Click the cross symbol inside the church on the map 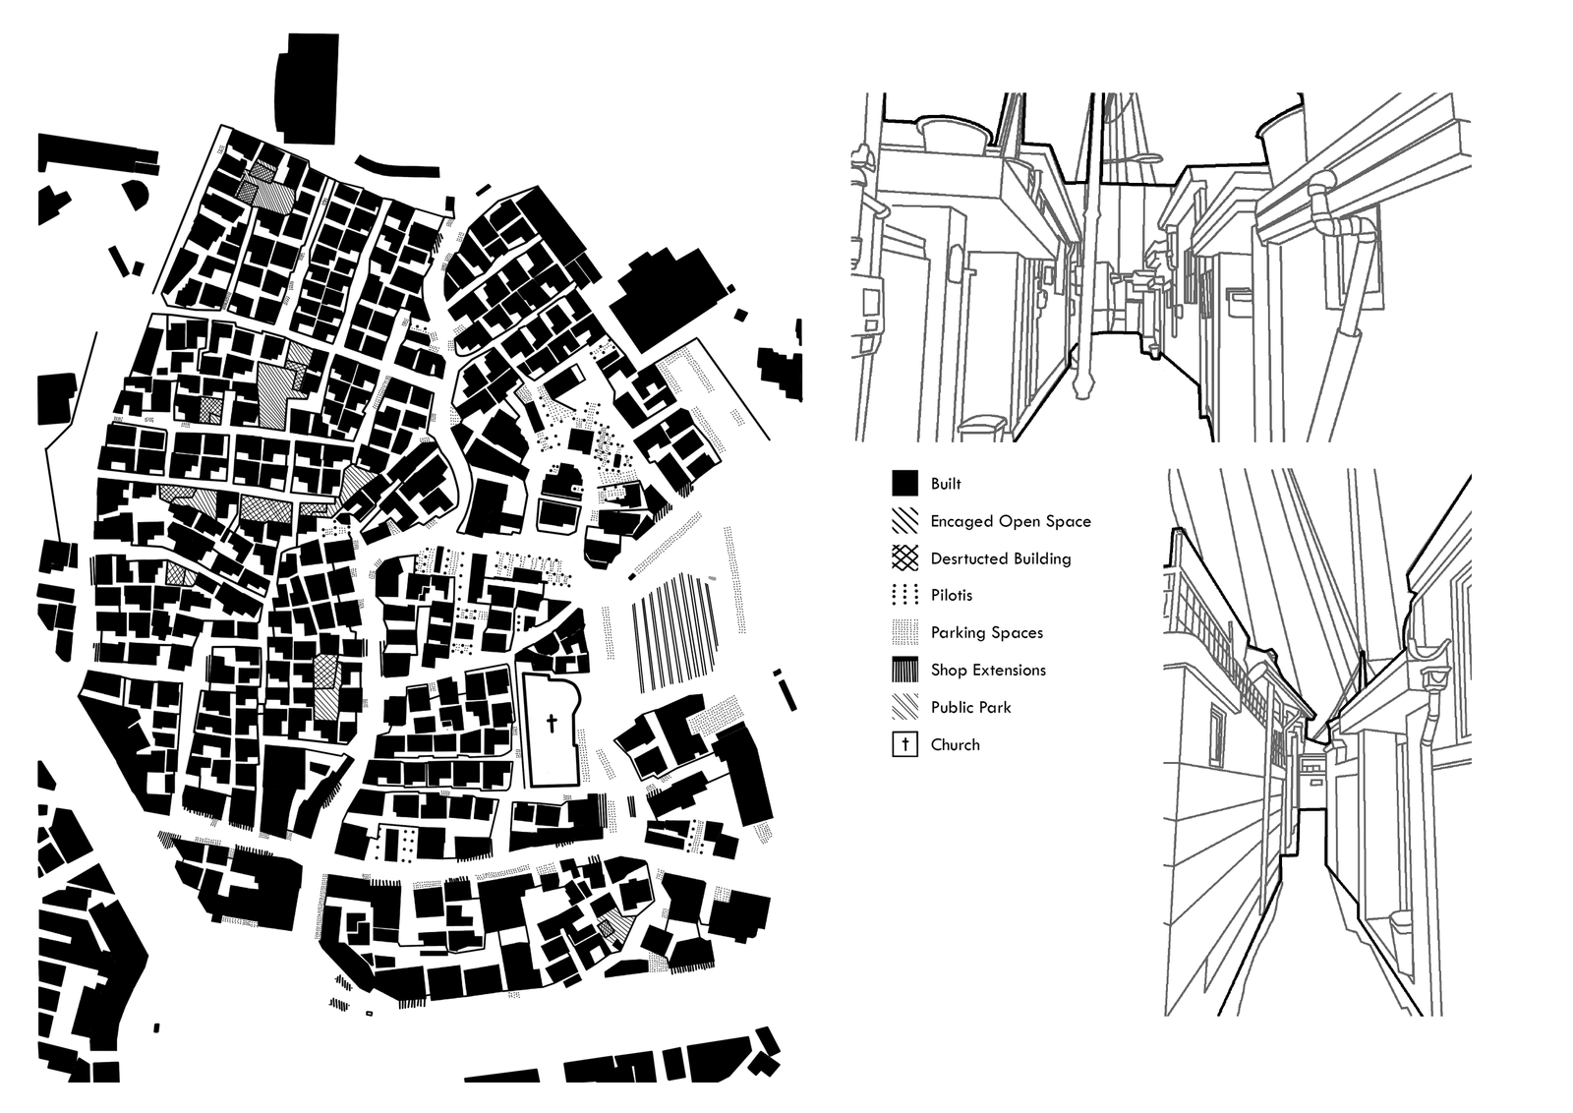coord(552,724)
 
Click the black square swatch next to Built coord(905,484)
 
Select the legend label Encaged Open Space coord(1011,521)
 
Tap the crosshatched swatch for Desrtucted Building coord(905,558)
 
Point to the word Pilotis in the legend coord(952,596)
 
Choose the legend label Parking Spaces coord(987,632)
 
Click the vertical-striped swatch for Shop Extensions coord(905,670)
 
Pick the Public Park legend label coord(970,707)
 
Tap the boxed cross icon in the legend coord(905,744)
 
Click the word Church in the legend coord(955,744)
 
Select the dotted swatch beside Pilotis coord(905,596)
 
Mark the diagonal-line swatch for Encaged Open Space coord(905,521)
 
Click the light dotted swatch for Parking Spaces coord(905,632)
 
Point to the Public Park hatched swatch coord(905,707)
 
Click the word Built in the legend coord(946,484)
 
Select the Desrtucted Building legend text coord(1001,558)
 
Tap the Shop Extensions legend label coord(988,670)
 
